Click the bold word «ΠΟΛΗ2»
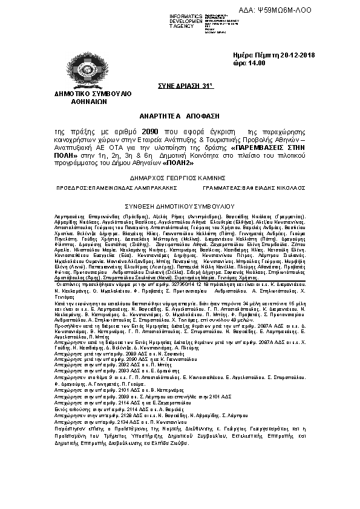(x=180, y=163)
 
